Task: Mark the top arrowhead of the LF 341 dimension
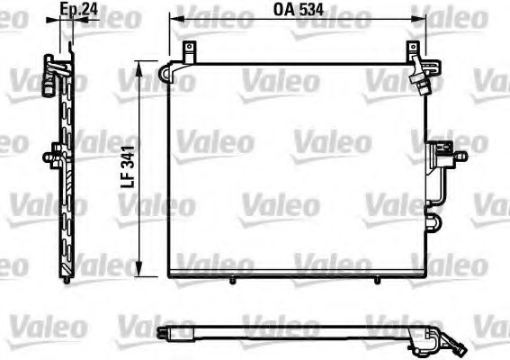[139, 64]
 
